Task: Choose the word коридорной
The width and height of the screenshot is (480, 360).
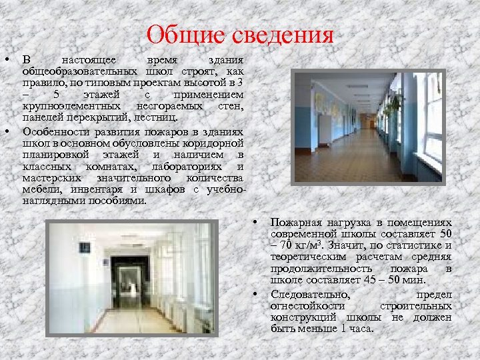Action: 213,141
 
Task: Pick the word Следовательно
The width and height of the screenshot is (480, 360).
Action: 311,294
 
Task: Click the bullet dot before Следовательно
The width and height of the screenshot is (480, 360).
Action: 255,293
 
